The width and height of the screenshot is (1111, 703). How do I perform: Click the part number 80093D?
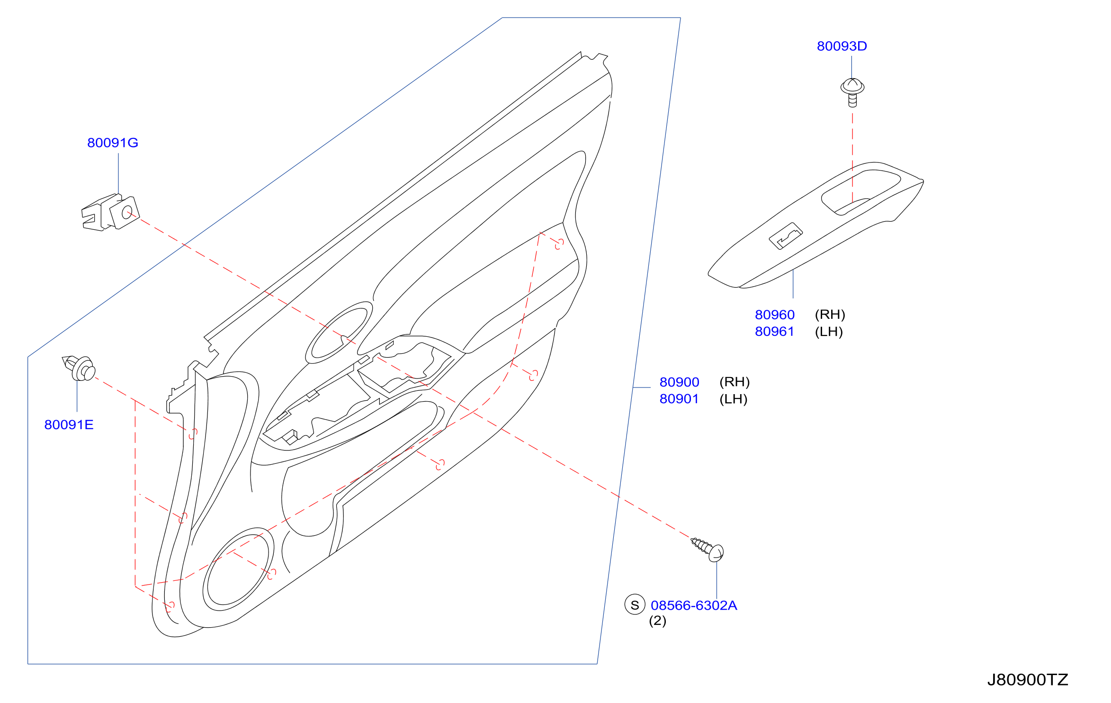[842, 46]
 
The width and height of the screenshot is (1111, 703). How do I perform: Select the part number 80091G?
[113, 143]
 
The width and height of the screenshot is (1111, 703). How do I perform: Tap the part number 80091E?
[69, 424]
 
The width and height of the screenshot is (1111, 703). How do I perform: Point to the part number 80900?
[679, 382]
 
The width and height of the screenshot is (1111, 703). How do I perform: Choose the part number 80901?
[679, 399]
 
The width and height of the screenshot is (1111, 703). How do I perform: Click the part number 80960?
[775, 315]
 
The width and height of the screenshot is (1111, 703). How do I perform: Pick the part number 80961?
[774, 332]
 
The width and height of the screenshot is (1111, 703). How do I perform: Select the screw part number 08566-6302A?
[694, 605]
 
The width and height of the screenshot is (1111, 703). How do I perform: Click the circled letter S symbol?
[635, 604]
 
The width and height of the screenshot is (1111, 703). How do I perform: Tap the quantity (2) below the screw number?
[657, 621]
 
